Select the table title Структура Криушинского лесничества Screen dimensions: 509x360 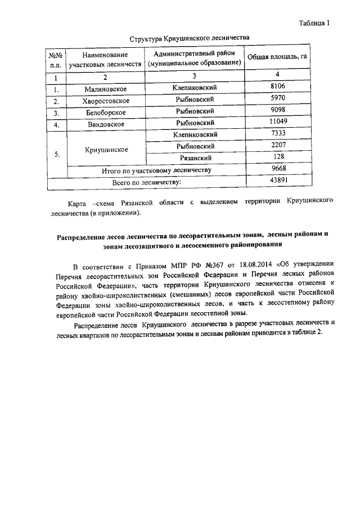click(x=189, y=39)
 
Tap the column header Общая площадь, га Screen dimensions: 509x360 click(x=277, y=59)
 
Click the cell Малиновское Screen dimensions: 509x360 click(x=105, y=89)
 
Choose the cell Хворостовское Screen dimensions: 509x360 click(x=105, y=101)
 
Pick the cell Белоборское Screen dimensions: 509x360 click(x=105, y=112)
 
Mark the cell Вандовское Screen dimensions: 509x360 click(x=105, y=124)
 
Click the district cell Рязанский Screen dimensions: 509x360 click(x=195, y=158)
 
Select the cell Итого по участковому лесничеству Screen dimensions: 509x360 click(x=156, y=170)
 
